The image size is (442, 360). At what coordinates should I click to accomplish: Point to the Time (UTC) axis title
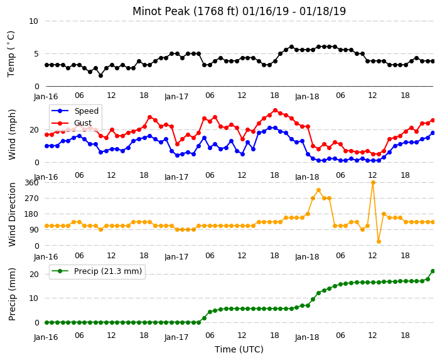(x=239, y=349)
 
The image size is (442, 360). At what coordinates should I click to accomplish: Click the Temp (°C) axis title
(x=11, y=54)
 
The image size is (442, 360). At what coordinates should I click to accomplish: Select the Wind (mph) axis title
(x=12, y=134)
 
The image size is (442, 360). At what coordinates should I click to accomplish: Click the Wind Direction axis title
(x=12, y=214)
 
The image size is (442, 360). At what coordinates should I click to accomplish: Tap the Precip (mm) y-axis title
(x=12, y=294)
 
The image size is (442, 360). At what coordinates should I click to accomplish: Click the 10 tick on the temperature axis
(x=33, y=21)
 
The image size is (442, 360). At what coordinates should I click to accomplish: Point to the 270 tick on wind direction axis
(x=31, y=199)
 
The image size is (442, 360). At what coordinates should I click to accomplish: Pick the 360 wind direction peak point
(x=373, y=183)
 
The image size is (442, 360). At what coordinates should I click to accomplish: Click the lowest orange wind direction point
(x=379, y=241)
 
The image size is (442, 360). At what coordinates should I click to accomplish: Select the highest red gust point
(x=276, y=111)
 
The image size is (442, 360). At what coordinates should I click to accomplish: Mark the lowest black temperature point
(x=100, y=75)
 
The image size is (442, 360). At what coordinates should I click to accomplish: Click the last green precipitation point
(x=433, y=271)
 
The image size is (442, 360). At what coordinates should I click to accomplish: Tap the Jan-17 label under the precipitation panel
(x=176, y=337)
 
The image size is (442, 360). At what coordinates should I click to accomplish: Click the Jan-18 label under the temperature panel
(x=307, y=97)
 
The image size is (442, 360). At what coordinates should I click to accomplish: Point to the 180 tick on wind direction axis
(x=31, y=214)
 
